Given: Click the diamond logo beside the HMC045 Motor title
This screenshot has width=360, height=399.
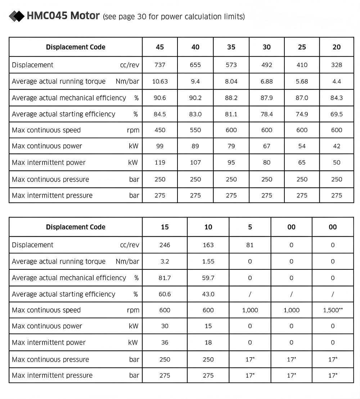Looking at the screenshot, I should click(x=16, y=16).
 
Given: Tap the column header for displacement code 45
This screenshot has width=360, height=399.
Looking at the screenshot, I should click(x=160, y=47).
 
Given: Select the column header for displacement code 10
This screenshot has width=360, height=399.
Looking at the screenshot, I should click(x=208, y=227).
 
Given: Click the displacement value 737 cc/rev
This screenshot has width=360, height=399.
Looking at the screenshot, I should click(x=160, y=65).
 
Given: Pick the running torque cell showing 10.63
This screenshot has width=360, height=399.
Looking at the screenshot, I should click(x=160, y=81).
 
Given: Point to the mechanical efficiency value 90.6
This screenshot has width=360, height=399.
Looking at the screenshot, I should click(x=160, y=98).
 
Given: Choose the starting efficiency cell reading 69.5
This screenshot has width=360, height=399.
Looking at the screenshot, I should click(x=337, y=114).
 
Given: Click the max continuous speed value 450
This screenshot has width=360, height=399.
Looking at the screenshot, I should click(x=160, y=130).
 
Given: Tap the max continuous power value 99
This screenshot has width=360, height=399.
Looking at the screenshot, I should click(x=160, y=146).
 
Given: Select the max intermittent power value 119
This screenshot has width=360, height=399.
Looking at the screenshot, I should click(x=160, y=162).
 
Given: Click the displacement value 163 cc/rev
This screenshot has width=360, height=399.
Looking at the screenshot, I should click(x=208, y=245).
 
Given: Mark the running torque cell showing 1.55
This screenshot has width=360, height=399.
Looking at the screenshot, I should click(x=208, y=261).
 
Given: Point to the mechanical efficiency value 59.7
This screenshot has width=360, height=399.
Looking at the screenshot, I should click(x=208, y=278).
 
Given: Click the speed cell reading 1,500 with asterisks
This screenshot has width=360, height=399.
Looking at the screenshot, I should click(x=333, y=310).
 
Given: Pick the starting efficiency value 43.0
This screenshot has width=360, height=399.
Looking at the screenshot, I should click(x=208, y=294).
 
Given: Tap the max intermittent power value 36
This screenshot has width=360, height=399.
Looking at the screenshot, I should click(x=165, y=342).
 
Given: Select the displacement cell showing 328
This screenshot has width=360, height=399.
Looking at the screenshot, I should click(x=337, y=65).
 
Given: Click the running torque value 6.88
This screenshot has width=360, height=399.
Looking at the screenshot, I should click(x=267, y=81).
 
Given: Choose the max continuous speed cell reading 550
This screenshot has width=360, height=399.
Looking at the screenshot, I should click(x=195, y=130).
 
